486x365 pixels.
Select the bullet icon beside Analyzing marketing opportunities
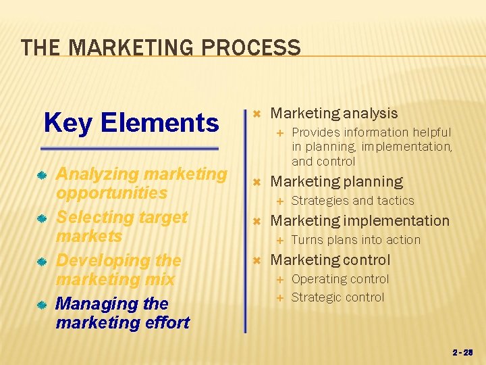click(x=41, y=175)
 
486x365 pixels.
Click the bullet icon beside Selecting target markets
click(x=41, y=218)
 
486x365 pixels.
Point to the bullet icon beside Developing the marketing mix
click(x=41, y=262)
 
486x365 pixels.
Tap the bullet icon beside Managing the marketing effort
click(x=41, y=305)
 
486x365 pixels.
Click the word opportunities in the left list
click(x=111, y=193)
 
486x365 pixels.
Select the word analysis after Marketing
click(x=371, y=114)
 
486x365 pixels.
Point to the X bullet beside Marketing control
click(x=256, y=260)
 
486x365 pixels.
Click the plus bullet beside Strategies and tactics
click(x=281, y=201)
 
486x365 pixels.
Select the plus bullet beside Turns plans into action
click(x=281, y=240)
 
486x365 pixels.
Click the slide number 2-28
click(x=463, y=352)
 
